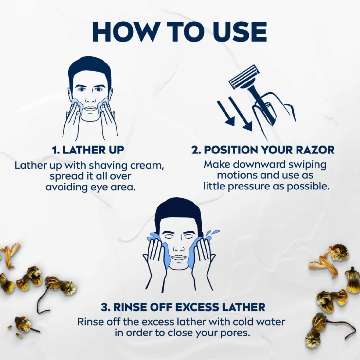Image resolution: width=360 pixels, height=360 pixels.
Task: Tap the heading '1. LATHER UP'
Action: tap(88, 150)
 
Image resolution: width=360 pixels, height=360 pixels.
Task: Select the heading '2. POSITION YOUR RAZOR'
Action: tap(263, 150)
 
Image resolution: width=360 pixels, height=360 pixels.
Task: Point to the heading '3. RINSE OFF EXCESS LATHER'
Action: tap(183, 307)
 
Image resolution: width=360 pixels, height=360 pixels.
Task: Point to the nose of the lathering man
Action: tap(90, 99)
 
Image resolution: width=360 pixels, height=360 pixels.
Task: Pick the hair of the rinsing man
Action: tap(178, 211)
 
